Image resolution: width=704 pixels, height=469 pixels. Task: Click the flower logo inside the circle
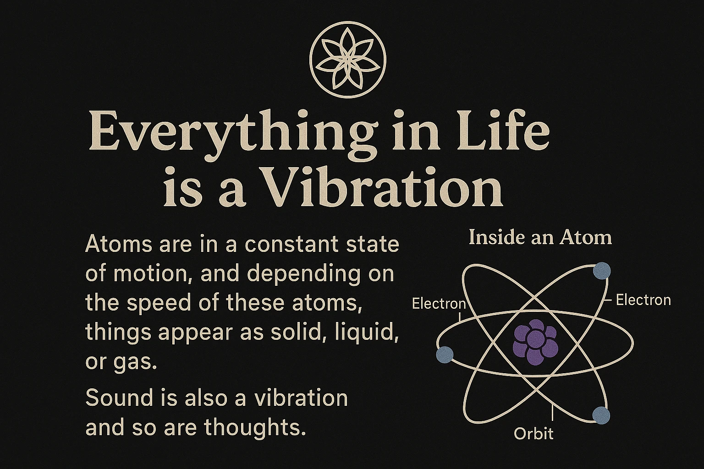347,59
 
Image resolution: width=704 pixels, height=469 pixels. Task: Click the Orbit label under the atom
533,434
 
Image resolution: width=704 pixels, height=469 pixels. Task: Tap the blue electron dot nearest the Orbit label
601,415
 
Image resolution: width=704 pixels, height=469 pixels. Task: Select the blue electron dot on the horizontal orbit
445,354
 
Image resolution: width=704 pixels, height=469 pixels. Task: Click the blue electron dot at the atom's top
601,271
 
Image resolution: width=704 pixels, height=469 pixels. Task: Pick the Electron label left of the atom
439,304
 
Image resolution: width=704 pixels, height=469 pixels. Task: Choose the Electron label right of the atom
643,300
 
